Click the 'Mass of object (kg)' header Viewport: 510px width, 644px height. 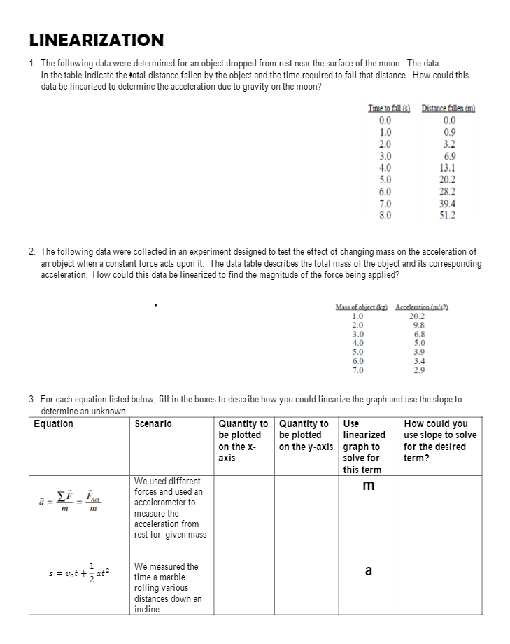click(362, 308)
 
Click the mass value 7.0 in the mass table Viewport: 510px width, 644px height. click(357, 368)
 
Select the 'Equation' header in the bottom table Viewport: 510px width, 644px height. click(53, 423)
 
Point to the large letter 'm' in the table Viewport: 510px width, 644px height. click(369, 485)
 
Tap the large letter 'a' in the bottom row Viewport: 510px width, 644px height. click(369, 570)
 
